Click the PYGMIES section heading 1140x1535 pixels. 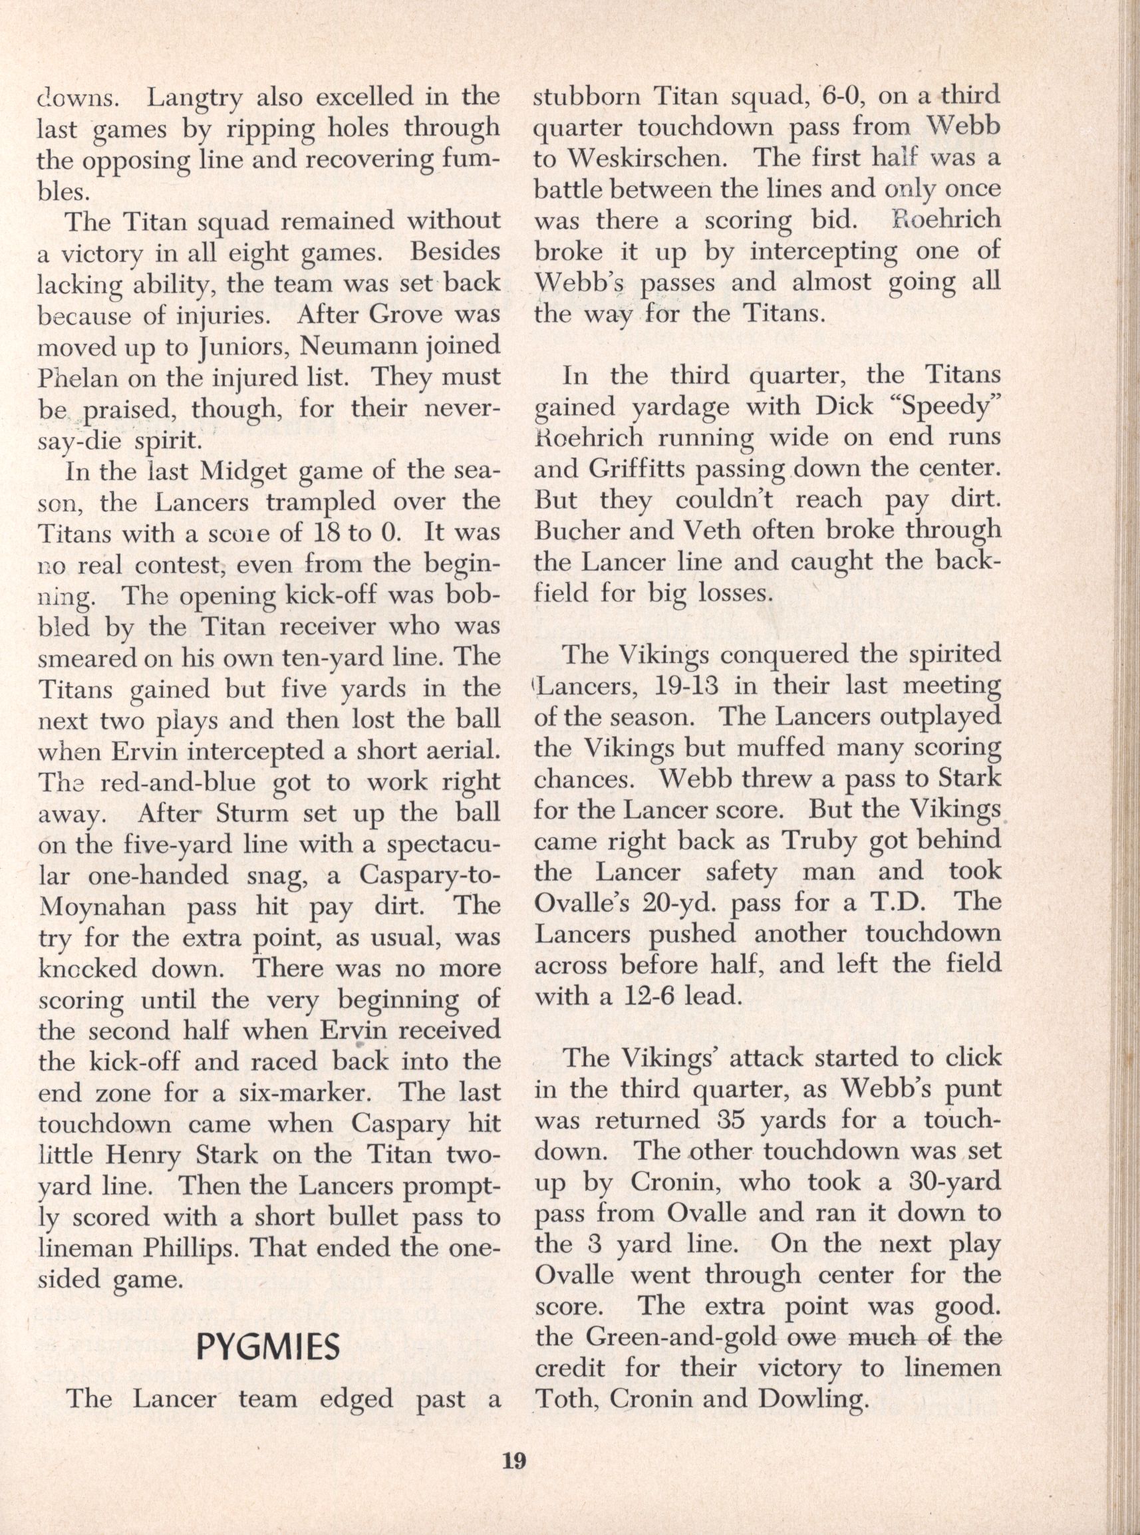[x=269, y=1346]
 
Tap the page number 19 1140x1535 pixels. [x=514, y=1478]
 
